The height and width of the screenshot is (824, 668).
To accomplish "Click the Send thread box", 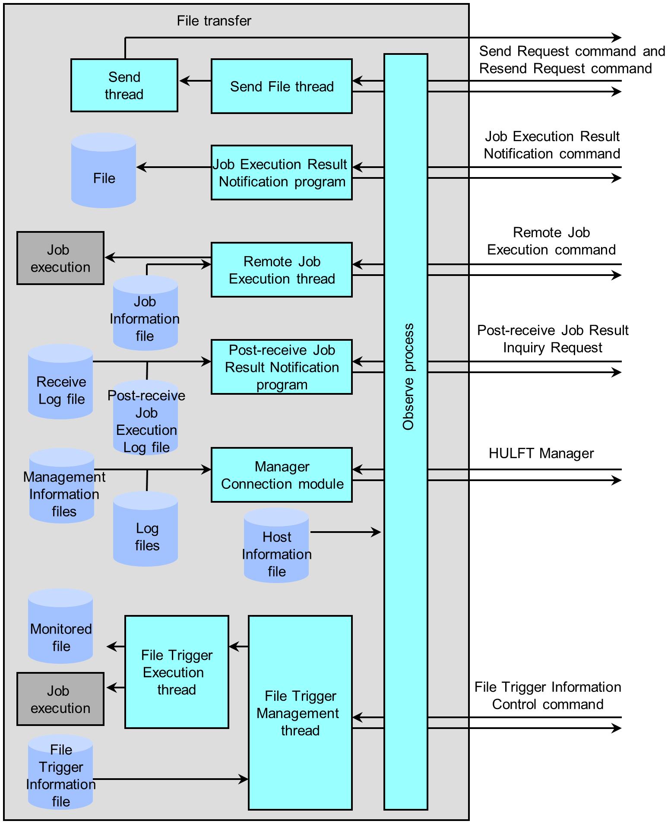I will [124, 86].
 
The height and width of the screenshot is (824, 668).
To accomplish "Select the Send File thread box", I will [282, 86].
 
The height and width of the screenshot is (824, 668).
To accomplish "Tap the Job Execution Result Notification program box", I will [282, 173].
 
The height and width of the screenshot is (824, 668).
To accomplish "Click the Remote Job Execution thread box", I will [282, 270].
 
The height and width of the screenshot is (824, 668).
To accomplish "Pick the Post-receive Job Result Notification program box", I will [282, 367].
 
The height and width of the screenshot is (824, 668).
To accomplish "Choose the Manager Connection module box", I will [282, 475].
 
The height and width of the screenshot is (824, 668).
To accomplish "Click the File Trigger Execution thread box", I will [177, 672].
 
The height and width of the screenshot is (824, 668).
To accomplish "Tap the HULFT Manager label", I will [541, 453].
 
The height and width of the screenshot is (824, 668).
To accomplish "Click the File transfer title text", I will [214, 21].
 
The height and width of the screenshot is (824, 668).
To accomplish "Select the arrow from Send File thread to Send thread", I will [195, 81].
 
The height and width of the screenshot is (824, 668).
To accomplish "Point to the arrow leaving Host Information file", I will [345, 532].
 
